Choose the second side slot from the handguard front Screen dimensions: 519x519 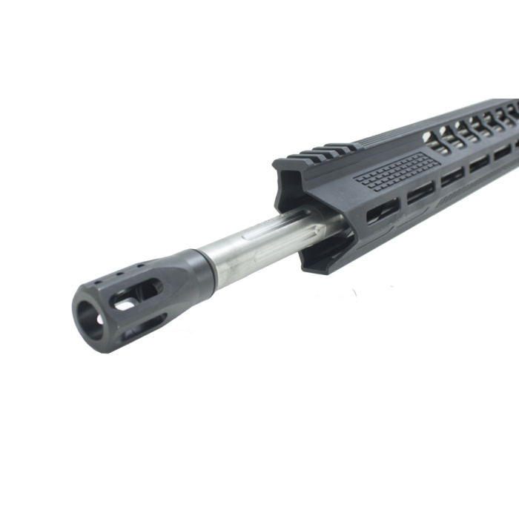pos(420,191)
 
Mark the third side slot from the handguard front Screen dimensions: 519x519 pos(452,176)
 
